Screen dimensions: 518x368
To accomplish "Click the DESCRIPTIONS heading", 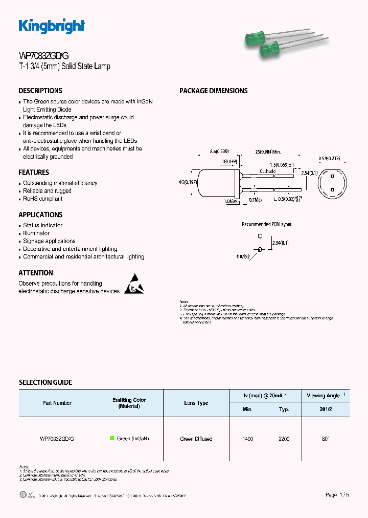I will pyautogui.click(x=40, y=91).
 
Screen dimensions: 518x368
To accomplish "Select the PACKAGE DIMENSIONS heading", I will pyautogui.click(x=213, y=91).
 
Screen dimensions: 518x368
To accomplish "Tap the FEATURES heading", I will pyautogui.click(x=34, y=172).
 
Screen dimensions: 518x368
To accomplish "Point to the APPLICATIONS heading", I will pyautogui.click(x=40, y=214).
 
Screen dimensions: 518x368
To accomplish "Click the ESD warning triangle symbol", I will pyautogui.click(x=134, y=286).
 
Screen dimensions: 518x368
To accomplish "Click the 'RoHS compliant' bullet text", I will pyautogui.click(x=43, y=199).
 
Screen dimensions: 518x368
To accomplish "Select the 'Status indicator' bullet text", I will pyautogui.click(x=43, y=225).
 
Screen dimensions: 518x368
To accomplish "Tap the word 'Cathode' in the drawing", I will pyautogui.click(x=268, y=171).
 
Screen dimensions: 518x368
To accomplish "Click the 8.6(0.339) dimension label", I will pyautogui.click(x=219, y=152).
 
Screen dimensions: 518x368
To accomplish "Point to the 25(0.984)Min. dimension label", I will pyautogui.click(x=268, y=152).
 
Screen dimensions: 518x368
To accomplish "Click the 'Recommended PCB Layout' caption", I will pyautogui.click(x=266, y=224).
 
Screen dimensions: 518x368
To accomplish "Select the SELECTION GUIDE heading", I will pyautogui.click(x=45, y=382).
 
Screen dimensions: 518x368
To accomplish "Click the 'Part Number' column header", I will pyautogui.click(x=57, y=403).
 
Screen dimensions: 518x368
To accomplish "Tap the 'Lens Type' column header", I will pyautogui.click(x=196, y=403).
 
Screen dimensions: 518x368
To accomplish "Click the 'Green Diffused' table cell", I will pyautogui.click(x=196, y=439).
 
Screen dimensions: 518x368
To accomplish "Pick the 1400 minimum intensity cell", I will pyautogui.click(x=247, y=439).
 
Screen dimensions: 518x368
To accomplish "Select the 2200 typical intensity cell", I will pyautogui.click(x=284, y=439).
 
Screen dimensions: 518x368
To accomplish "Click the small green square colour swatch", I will pyautogui.click(x=112, y=439).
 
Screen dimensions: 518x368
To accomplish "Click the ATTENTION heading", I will pyautogui.click(x=36, y=273).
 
